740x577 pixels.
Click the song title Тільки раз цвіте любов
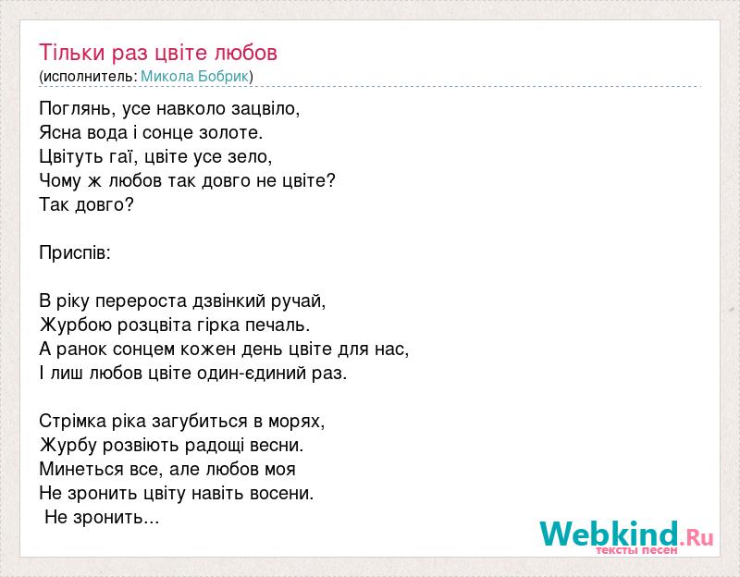coord(158,53)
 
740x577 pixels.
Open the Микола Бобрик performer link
coord(194,77)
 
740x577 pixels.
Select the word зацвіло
coord(265,109)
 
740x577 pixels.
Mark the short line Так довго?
coord(86,204)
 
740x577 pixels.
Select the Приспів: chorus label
coord(75,252)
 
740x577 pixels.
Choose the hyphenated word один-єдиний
coord(251,374)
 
